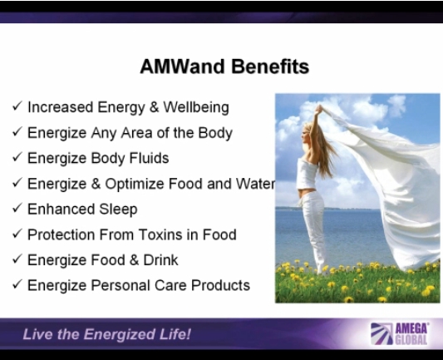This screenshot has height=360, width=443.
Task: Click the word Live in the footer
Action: pyautogui.click(x=37, y=334)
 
